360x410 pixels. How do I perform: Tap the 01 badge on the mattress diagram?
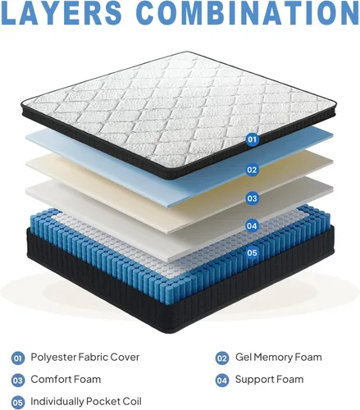(253, 139)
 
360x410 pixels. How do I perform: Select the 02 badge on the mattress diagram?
(253, 170)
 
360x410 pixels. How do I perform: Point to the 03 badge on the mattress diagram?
(253, 198)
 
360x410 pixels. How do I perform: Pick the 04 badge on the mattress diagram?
(253, 226)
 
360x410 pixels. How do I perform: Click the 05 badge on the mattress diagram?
(253, 253)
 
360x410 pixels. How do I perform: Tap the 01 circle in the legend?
(18, 358)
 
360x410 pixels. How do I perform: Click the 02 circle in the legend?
(222, 358)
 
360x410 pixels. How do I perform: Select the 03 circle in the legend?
(18, 380)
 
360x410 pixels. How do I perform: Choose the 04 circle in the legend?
(222, 380)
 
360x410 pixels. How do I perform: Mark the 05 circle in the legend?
(18, 403)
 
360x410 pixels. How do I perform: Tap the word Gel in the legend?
(242, 357)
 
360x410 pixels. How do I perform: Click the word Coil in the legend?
(132, 402)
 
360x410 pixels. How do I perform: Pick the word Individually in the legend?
(57, 402)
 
